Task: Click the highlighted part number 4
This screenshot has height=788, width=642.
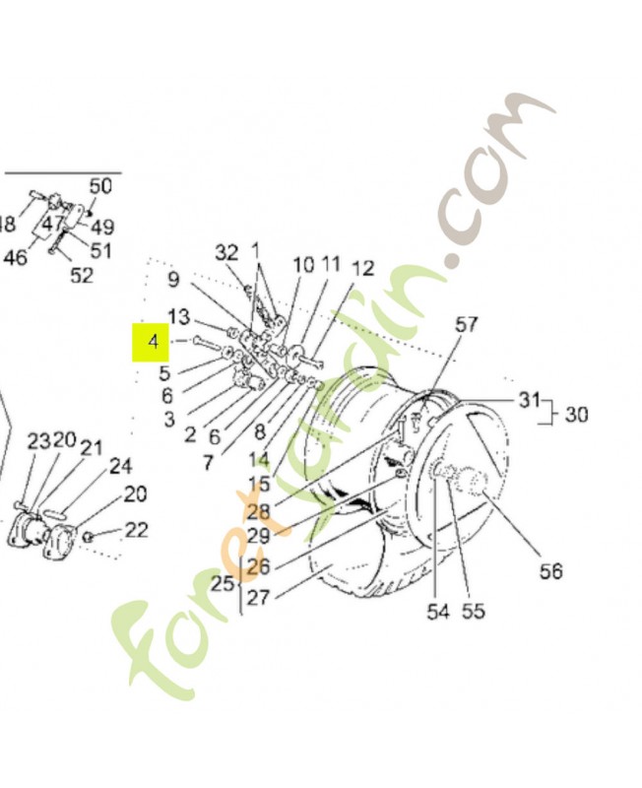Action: click(153, 343)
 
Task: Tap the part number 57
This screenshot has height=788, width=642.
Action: click(466, 325)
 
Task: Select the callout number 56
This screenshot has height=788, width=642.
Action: click(550, 570)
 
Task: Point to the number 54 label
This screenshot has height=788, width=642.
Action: click(437, 612)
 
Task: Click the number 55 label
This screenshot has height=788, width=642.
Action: click(474, 612)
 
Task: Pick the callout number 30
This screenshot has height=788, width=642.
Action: click(576, 415)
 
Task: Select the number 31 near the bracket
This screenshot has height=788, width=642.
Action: click(531, 399)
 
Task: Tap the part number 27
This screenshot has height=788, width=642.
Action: click(259, 596)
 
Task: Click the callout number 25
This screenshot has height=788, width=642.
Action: click(223, 583)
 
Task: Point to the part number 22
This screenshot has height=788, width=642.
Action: click(137, 530)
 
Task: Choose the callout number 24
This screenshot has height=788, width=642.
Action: click(121, 466)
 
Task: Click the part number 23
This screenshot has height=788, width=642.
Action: click(37, 440)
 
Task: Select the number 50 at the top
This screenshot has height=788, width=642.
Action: click(100, 186)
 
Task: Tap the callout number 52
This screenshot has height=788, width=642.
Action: click(82, 276)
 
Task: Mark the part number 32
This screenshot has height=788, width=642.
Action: click(226, 253)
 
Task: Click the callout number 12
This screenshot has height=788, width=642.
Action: click(362, 268)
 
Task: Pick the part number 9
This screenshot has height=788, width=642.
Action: click(173, 279)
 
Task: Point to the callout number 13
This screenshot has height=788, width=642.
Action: click(178, 316)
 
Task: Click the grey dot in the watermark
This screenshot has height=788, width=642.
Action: click(452, 262)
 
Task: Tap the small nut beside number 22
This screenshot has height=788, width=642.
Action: click(89, 536)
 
